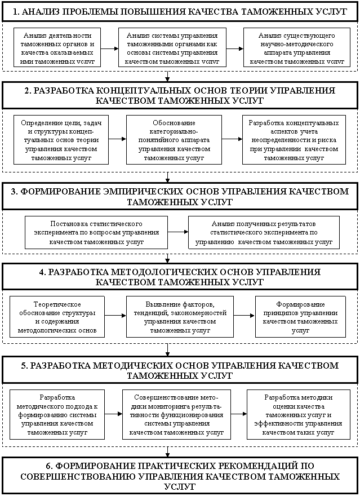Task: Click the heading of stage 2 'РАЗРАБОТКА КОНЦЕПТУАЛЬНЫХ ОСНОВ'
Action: coord(180,95)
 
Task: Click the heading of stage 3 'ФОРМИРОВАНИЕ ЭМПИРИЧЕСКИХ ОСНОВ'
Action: coord(180,196)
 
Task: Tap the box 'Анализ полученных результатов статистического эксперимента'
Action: coord(264,232)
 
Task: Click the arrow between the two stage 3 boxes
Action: coord(177,232)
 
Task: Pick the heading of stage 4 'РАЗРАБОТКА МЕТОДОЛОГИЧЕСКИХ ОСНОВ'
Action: coord(180,276)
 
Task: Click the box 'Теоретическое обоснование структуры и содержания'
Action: coord(57,316)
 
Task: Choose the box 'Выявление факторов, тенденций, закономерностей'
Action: coord(180,316)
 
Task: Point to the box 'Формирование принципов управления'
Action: coord(296,316)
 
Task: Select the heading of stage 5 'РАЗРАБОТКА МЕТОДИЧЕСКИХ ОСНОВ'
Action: coord(180,370)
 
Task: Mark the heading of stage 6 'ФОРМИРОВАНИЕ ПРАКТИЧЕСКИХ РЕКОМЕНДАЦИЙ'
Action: coord(180,476)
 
